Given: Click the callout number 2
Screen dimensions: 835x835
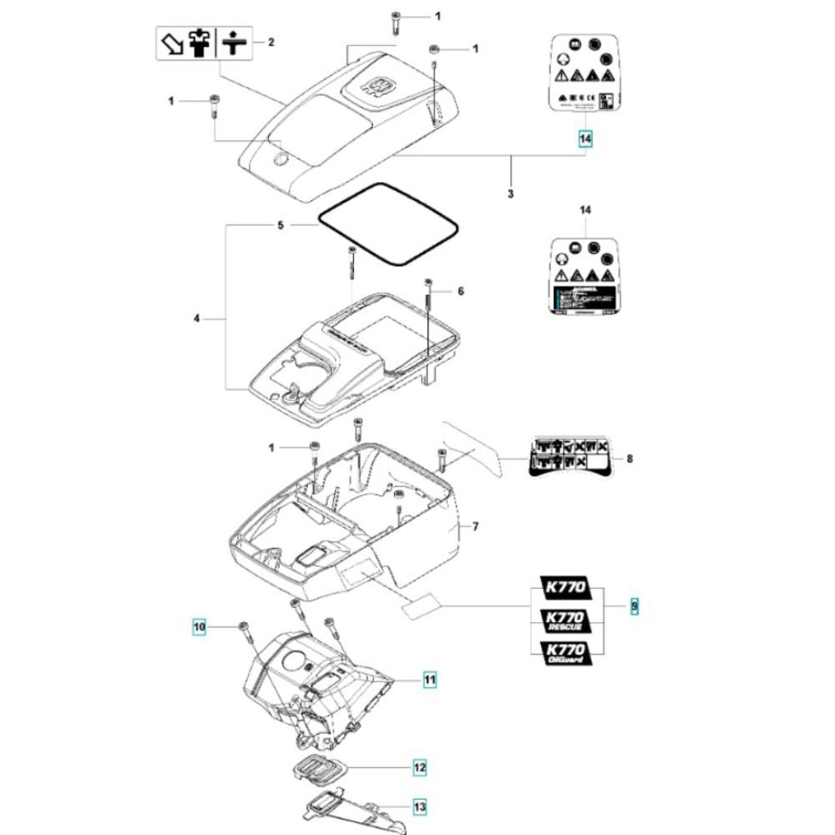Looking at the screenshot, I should pyautogui.click(x=271, y=42).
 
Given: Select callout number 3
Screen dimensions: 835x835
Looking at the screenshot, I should pyautogui.click(x=510, y=194).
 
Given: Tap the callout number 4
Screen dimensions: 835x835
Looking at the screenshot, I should pyautogui.click(x=198, y=318).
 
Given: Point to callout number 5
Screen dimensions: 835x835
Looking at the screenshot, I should pyautogui.click(x=281, y=225).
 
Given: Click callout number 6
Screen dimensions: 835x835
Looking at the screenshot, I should pyautogui.click(x=459, y=291).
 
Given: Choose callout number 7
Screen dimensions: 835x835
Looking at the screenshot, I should pyautogui.click(x=475, y=527).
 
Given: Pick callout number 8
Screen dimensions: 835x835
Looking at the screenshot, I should pyautogui.click(x=630, y=458).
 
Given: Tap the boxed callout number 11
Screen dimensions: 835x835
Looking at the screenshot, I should pyautogui.click(x=429, y=681).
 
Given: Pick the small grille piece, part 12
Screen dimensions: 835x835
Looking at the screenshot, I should pyautogui.click(x=316, y=767).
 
